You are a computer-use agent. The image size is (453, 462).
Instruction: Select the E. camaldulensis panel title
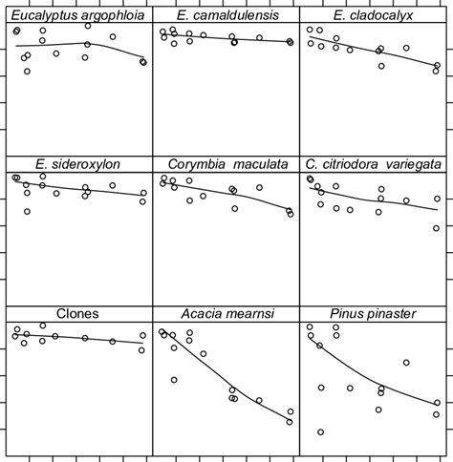226,15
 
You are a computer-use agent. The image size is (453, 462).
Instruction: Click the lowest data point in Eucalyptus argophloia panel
27,71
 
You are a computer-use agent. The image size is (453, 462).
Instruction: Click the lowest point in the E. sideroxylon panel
27,211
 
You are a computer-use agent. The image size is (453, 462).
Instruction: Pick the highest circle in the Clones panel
43,325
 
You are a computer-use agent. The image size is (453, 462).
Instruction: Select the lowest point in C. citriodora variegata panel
437,228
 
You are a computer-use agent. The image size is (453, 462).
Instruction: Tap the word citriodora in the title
350,164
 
